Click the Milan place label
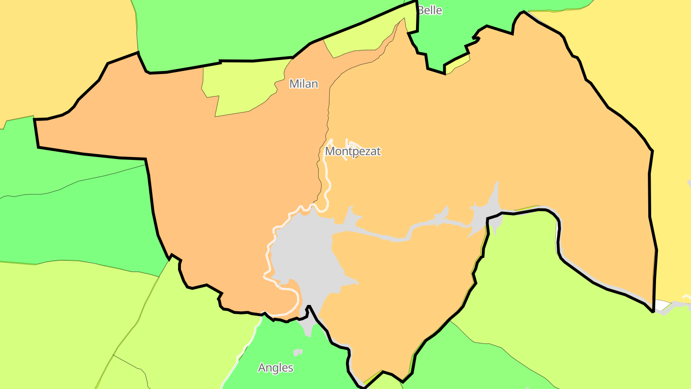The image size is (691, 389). coord(303,84)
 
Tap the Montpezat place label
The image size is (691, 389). coord(353,151)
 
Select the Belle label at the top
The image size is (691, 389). coord(429,10)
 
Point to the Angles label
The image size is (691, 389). coord(275,368)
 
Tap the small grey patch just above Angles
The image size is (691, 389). coord(298,353)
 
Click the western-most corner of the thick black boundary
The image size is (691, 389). coord(35,120)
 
